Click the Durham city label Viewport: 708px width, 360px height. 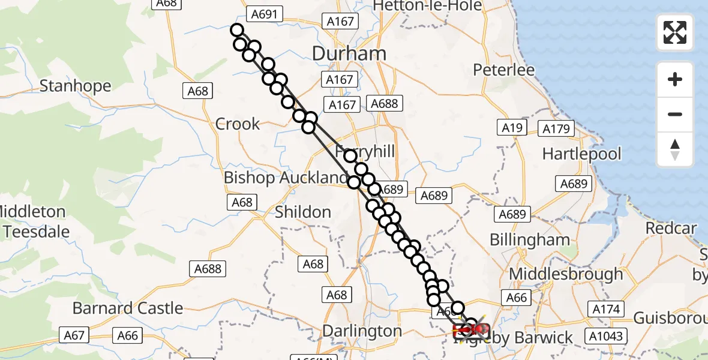coord(349,53)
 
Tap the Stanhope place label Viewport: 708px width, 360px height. coord(76,86)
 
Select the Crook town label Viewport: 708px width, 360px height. coord(238,124)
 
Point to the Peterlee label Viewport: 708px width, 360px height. coord(504,70)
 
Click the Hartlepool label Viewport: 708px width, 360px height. coord(582,154)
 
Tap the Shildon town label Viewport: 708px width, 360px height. coord(303,212)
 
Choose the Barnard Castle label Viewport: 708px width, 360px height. coord(128,308)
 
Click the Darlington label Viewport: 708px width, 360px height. coord(362,331)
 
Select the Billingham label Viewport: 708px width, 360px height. coord(530,240)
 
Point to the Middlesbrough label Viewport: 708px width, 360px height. coord(566,274)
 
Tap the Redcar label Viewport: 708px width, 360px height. coord(671,229)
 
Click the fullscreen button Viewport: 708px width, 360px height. coord(675,32)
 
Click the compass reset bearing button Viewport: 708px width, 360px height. coord(675,149)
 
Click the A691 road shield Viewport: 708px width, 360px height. coord(265,14)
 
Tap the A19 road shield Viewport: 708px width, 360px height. coord(511,127)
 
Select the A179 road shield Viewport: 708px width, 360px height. coord(557,128)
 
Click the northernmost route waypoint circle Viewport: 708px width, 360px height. coord(236,30)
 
